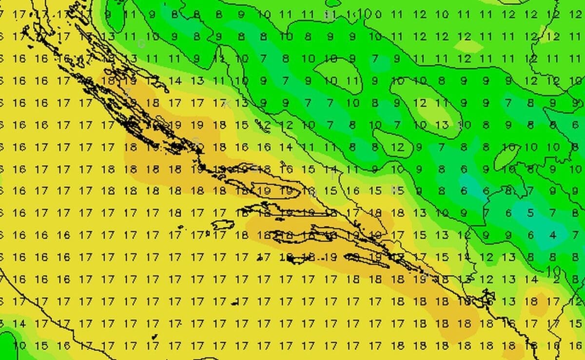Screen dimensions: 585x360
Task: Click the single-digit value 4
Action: pos(552,235)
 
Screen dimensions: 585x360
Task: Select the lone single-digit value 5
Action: pos(530,213)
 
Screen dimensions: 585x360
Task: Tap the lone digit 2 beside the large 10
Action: pos(556,280)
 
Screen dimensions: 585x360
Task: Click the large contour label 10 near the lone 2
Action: pos(554,270)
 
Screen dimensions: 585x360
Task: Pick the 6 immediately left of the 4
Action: pos(530,235)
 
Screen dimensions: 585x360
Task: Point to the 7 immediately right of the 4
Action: pos(576,235)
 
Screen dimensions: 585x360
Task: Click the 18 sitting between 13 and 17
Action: pos(530,301)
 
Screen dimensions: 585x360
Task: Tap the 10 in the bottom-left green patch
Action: pos(19,345)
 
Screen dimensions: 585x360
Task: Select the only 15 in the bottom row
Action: pos(42,345)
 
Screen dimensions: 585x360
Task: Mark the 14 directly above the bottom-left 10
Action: pos(19,323)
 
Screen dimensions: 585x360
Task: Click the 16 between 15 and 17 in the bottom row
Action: pos(64,345)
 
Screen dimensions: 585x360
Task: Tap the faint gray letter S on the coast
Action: pos(196,140)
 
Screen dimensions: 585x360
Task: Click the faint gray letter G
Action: pos(141,44)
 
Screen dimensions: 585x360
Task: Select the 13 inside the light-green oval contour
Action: pos(442,125)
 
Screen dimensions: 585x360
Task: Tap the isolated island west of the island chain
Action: pos(223,225)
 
